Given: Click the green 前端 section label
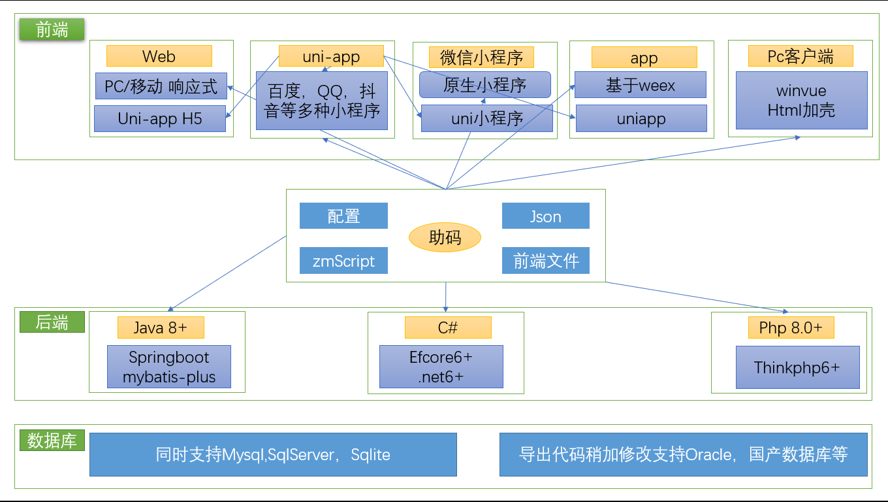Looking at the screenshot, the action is click(52, 29).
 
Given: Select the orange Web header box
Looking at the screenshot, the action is click(159, 56).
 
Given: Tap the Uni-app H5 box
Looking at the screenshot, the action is click(160, 118).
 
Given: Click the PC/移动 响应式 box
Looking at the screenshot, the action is click(161, 86).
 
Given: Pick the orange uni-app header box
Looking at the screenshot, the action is click(331, 56).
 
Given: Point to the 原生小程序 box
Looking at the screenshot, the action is click(485, 84).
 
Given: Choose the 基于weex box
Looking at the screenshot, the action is click(641, 84).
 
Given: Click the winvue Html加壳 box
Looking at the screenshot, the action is click(802, 101).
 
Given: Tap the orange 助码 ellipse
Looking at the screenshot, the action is click(445, 237).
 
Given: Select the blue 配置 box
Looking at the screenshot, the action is click(343, 216).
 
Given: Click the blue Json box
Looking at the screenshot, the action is click(545, 216).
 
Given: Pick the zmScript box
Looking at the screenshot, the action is click(343, 260).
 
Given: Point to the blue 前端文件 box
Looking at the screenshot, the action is click(545, 260).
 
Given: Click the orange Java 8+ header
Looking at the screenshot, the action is click(161, 327).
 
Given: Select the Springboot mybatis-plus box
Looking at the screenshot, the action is click(169, 367).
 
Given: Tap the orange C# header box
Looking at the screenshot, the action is click(448, 327).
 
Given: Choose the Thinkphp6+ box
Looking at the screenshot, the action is click(798, 367).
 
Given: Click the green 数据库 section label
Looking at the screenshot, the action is click(52, 440).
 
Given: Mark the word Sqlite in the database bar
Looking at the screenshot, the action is click(370, 455).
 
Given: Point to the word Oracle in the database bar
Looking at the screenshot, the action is click(708, 455).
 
